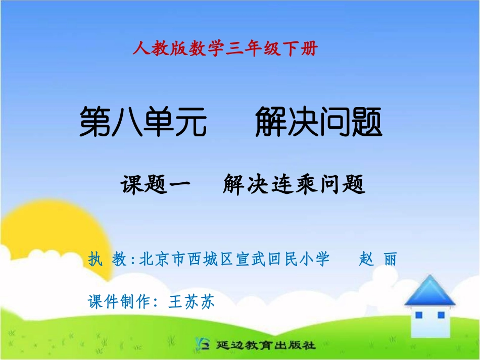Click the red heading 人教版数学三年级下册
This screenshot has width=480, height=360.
[225, 49]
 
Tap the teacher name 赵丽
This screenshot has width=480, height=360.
[377, 260]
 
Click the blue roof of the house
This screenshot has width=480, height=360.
[429, 291]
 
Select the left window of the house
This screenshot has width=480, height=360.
[418, 316]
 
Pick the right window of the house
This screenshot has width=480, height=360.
[441, 315]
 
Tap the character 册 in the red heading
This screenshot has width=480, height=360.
[310, 49]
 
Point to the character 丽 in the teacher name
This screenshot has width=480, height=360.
[390, 260]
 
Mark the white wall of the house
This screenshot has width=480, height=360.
[429, 328]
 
